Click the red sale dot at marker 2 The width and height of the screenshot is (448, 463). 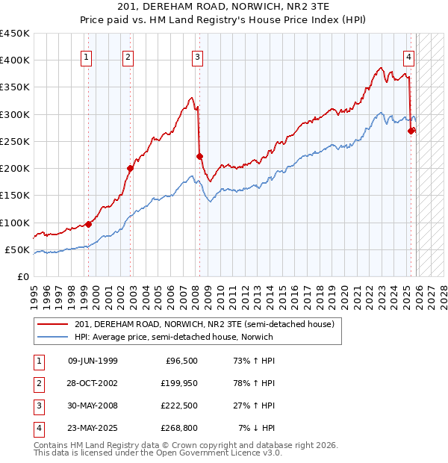(x=130, y=168)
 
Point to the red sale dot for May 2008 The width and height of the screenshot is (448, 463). (x=199, y=156)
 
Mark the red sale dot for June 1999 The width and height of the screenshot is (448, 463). (x=88, y=224)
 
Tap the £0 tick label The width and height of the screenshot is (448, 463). (x=22, y=276)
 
